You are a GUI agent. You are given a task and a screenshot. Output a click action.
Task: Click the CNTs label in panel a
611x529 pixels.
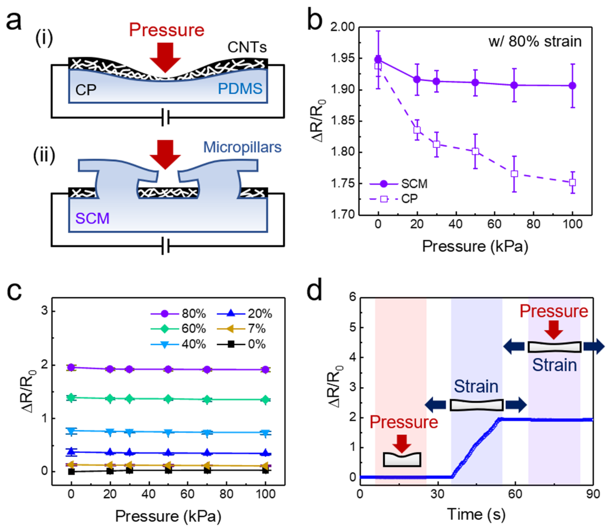click(x=247, y=47)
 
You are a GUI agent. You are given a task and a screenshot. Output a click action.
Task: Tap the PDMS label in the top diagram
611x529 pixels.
click(x=240, y=89)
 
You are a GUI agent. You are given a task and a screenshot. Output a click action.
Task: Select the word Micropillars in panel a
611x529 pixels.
click(x=242, y=147)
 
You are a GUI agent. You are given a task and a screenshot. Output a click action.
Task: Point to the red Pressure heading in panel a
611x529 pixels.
click(x=167, y=30)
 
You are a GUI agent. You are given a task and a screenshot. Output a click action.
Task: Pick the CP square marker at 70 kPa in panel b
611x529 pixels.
click(x=514, y=174)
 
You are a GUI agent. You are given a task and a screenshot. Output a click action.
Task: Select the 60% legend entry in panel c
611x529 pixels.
click(x=193, y=329)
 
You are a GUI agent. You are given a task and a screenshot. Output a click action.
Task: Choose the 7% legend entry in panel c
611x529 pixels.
click(x=256, y=329)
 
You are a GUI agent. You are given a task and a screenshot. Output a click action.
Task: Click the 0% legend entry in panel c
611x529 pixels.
click(x=256, y=344)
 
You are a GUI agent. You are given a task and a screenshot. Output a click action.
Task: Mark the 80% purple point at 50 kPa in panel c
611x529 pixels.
click(x=168, y=369)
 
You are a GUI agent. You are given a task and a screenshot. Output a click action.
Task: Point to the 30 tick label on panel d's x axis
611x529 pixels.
click(x=438, y=494)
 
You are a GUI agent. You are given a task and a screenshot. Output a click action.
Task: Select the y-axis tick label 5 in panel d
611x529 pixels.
click(x=352, y=328)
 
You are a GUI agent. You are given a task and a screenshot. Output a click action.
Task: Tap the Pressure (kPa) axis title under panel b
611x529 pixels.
click(x=475, y=246)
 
